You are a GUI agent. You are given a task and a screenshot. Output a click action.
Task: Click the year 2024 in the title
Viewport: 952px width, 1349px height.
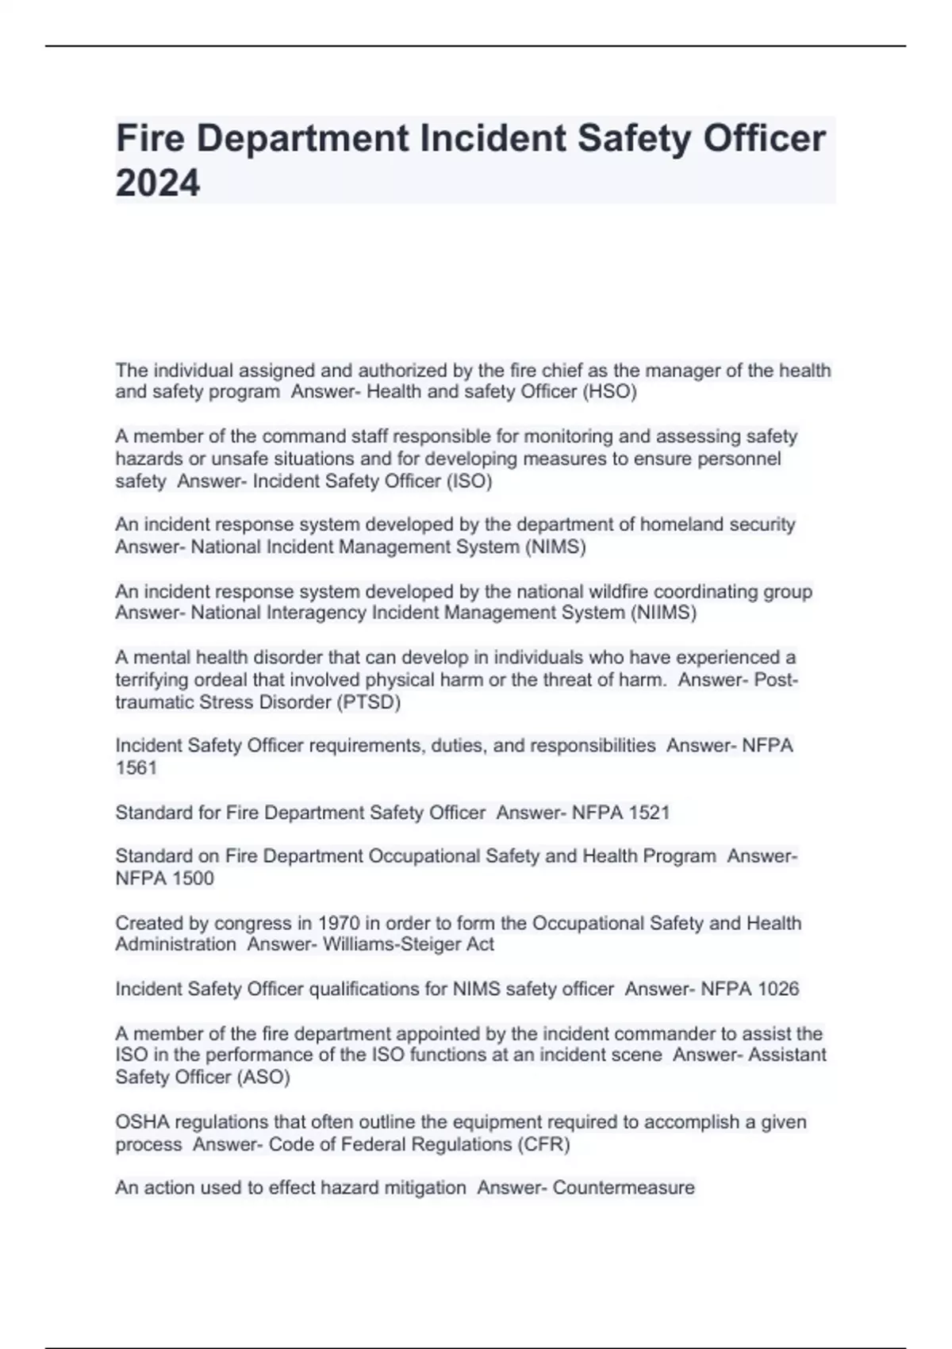(x=158, y=183)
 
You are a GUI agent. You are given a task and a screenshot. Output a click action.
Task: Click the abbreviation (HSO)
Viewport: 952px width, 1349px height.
(x=609, y=392)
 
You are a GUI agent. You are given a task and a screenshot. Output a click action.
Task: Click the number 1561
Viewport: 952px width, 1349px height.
(x=136, y=768)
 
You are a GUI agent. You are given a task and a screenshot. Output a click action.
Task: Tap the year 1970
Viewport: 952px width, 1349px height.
(x=339, y=923)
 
